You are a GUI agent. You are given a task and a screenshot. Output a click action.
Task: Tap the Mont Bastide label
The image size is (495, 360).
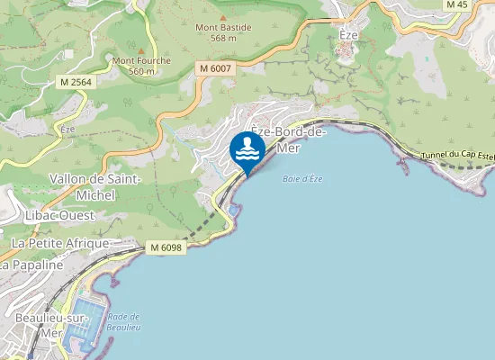pos(223,27)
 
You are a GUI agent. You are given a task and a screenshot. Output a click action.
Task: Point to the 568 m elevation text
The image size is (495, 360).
pos(223,38)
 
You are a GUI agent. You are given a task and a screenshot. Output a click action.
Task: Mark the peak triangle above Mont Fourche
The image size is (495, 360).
pos(140,49)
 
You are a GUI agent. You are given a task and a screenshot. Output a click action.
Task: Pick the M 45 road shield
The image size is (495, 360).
pos(456,4)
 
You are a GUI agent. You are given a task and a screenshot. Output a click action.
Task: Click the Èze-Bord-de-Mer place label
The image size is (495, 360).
pos(288,139)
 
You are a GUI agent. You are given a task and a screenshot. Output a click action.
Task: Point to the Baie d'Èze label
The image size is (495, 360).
pos(302,178)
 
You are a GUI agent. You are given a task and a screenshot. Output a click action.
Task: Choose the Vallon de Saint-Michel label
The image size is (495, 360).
pos(94,187)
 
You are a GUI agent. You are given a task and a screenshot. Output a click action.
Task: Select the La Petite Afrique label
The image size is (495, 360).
pos(59,243)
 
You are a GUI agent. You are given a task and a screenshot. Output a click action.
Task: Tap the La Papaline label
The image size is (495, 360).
pos(32,265)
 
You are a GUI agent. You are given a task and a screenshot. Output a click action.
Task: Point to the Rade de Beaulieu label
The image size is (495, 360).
pos(124,321)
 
